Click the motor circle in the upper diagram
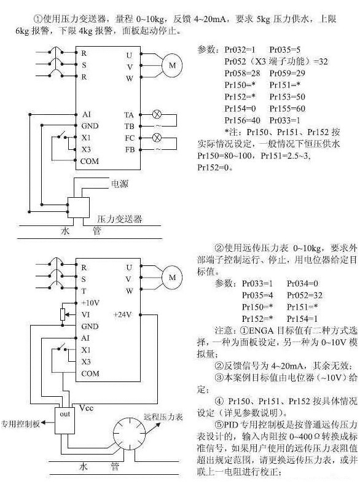click(x=172, y=64)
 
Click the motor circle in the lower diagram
click(x=172, y=277)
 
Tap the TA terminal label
click(x=129, y=115)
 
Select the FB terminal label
click(x=130, y=149)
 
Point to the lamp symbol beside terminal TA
click(x=157, y=115)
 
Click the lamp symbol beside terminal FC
click(x=157, y=138)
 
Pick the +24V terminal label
click(x=122, y=314)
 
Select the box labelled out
click(x=66, y=414)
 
